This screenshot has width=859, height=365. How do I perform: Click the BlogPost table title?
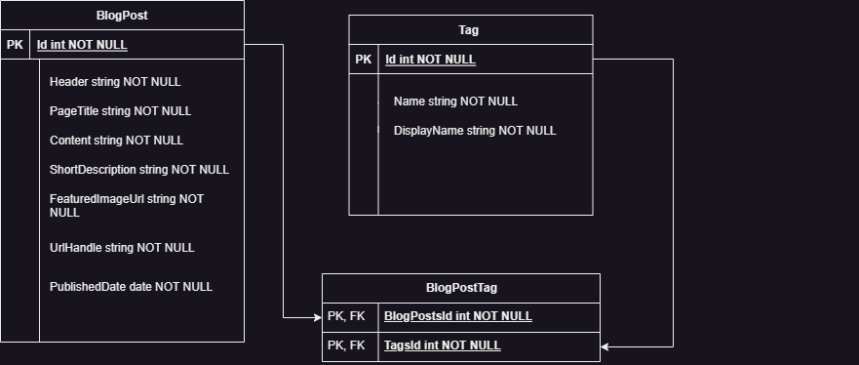click(x=122, y=16)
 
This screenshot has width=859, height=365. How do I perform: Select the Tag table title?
click(x=470, y=30)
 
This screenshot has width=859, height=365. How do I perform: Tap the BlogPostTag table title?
click(x=461, y=288)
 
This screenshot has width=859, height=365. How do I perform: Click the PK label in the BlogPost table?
click(x=15, y=45)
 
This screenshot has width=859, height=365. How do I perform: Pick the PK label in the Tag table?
click(x=363, y=60)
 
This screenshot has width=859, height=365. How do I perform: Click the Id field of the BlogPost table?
click(x=82, y=45)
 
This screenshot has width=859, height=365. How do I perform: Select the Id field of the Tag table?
click(x=430, y=60)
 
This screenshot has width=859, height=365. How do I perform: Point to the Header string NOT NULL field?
click(x=115, y=82)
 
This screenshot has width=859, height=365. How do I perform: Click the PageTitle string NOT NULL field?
click(x=120, y=111)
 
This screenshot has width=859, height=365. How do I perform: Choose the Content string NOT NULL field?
click(x=116, y=141)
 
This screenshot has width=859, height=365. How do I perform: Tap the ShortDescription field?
click(x=139, y=170)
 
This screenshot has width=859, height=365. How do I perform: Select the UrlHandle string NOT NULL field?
click(x=122, y=248)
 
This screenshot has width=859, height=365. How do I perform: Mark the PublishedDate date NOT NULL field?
click(x=131, y=287)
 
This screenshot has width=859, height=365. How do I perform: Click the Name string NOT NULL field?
click(x=455, y=101)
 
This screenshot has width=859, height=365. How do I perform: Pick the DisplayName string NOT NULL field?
click(x=475, y=131)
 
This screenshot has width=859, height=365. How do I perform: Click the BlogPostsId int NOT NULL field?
click(x=458, y=316)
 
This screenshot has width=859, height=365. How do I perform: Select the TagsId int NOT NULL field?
click(x=443, y=345)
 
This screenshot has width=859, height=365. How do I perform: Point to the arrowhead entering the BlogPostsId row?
click(x=317, y=317)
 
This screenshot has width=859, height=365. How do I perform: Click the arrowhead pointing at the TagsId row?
click(x=605, y=346)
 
